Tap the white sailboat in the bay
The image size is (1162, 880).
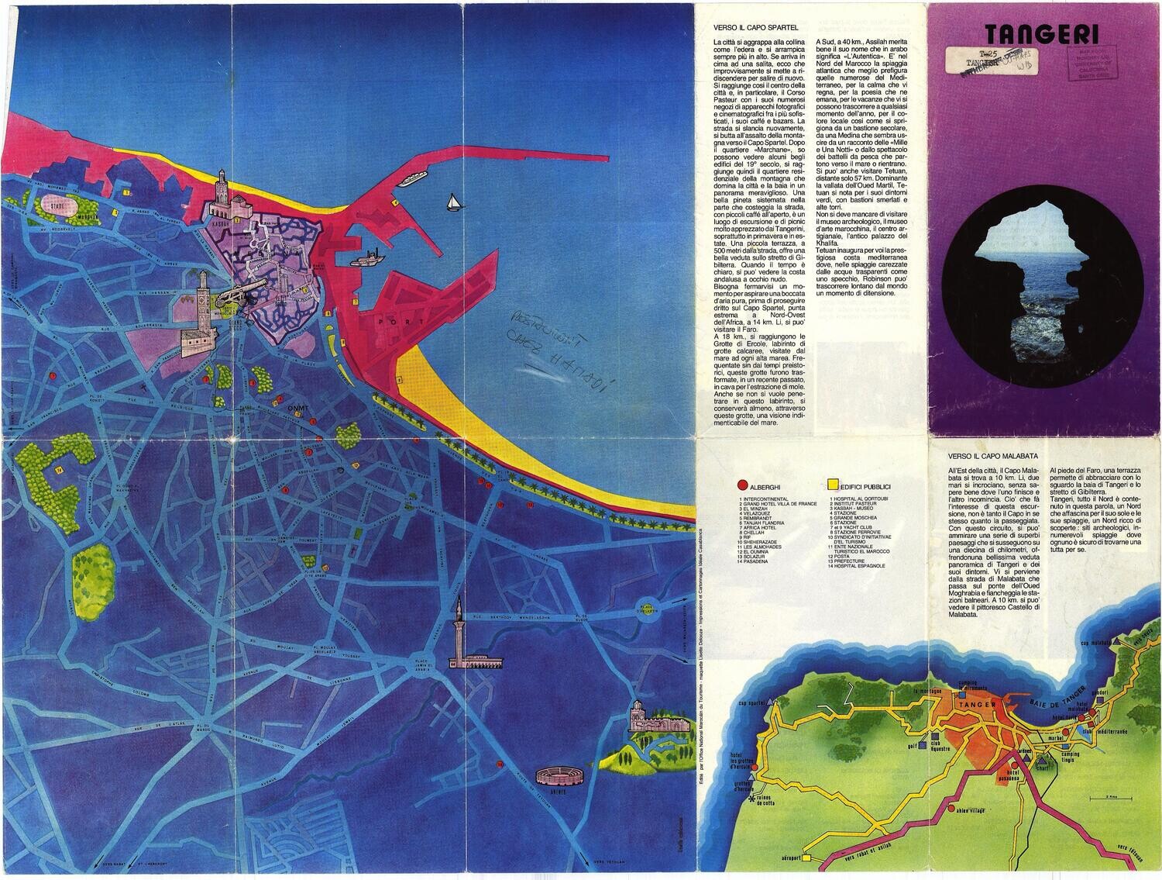coord(452,202)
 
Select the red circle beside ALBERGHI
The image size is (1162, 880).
coord(744,485)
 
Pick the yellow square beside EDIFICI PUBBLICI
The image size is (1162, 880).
coord(834,485)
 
